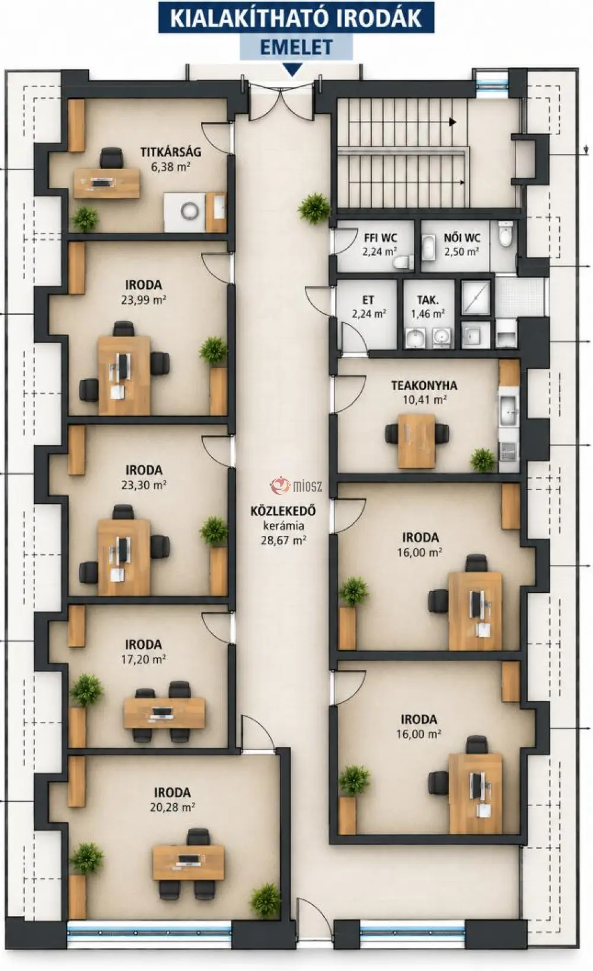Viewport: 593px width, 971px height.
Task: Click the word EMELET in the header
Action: tap(296, 47)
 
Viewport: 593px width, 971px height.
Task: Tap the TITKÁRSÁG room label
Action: tap(171, 152)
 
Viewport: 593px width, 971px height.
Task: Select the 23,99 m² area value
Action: tap(144, 300)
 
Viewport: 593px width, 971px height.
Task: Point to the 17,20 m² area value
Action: tap(144, 659)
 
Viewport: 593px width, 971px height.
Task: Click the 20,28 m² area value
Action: tap(172, 807)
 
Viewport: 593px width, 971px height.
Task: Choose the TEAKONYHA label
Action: tap(424, 385)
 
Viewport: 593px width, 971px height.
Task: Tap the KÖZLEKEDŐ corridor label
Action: tap(283, 510)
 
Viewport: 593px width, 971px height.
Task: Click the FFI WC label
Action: tap(380, 238)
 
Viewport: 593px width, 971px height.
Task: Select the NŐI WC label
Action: tap(462, 238)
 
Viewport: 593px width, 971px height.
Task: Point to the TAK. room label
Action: tap(428, 300)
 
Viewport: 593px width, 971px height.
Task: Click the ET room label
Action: tap(368, 300)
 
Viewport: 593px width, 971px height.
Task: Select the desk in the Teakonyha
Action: tap(416, 441)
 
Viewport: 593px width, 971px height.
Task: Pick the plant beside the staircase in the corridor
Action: tap(314, 208)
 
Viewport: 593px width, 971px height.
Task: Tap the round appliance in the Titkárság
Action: tap(189, 211)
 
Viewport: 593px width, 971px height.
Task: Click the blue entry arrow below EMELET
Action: tap(292, 70)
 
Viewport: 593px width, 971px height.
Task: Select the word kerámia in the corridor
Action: tap(283, 525)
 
